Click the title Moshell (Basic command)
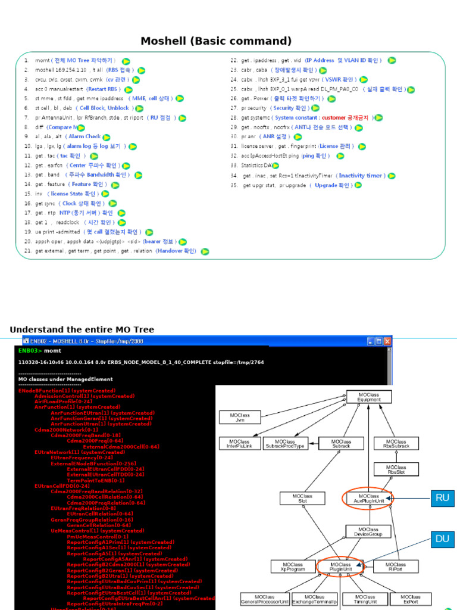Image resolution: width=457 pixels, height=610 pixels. pyautogui.click(x=216, y=41)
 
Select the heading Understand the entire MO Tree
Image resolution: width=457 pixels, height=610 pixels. pyautogui.click(x=82, y=329)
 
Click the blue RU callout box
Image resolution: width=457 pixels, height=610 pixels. pyautogui.click(x=442, y=499)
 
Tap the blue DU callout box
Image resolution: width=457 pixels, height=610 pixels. pyautogui.click(x=442, y=539)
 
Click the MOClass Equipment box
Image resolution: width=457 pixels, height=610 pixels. pyautogui.click(x=369, y=397)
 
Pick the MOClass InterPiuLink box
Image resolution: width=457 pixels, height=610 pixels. pyautogui.click(x=240, y=443)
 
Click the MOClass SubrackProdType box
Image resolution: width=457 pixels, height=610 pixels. pyautogui.click(x=285, y=443)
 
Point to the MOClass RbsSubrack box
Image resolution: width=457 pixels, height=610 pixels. pyautogui.click(x=396, y=443)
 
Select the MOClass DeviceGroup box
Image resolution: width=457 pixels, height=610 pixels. pyautogui.click(x=369, y=531)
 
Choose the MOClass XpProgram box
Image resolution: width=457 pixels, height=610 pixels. pyautogui.click(x=293, y=567)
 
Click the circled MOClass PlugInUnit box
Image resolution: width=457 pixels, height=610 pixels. pyautogui.click(x=340, y=567)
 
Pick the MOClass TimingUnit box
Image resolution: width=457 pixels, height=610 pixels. pyautogui.click(x=365, y=599)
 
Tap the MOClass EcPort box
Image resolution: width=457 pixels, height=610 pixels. pyautogui.click(x=410, y=599)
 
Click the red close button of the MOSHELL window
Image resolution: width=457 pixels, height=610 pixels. pyautogui.click(x=387, y=341)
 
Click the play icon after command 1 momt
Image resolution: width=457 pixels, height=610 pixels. pyautogui.click(x=126, y=61)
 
